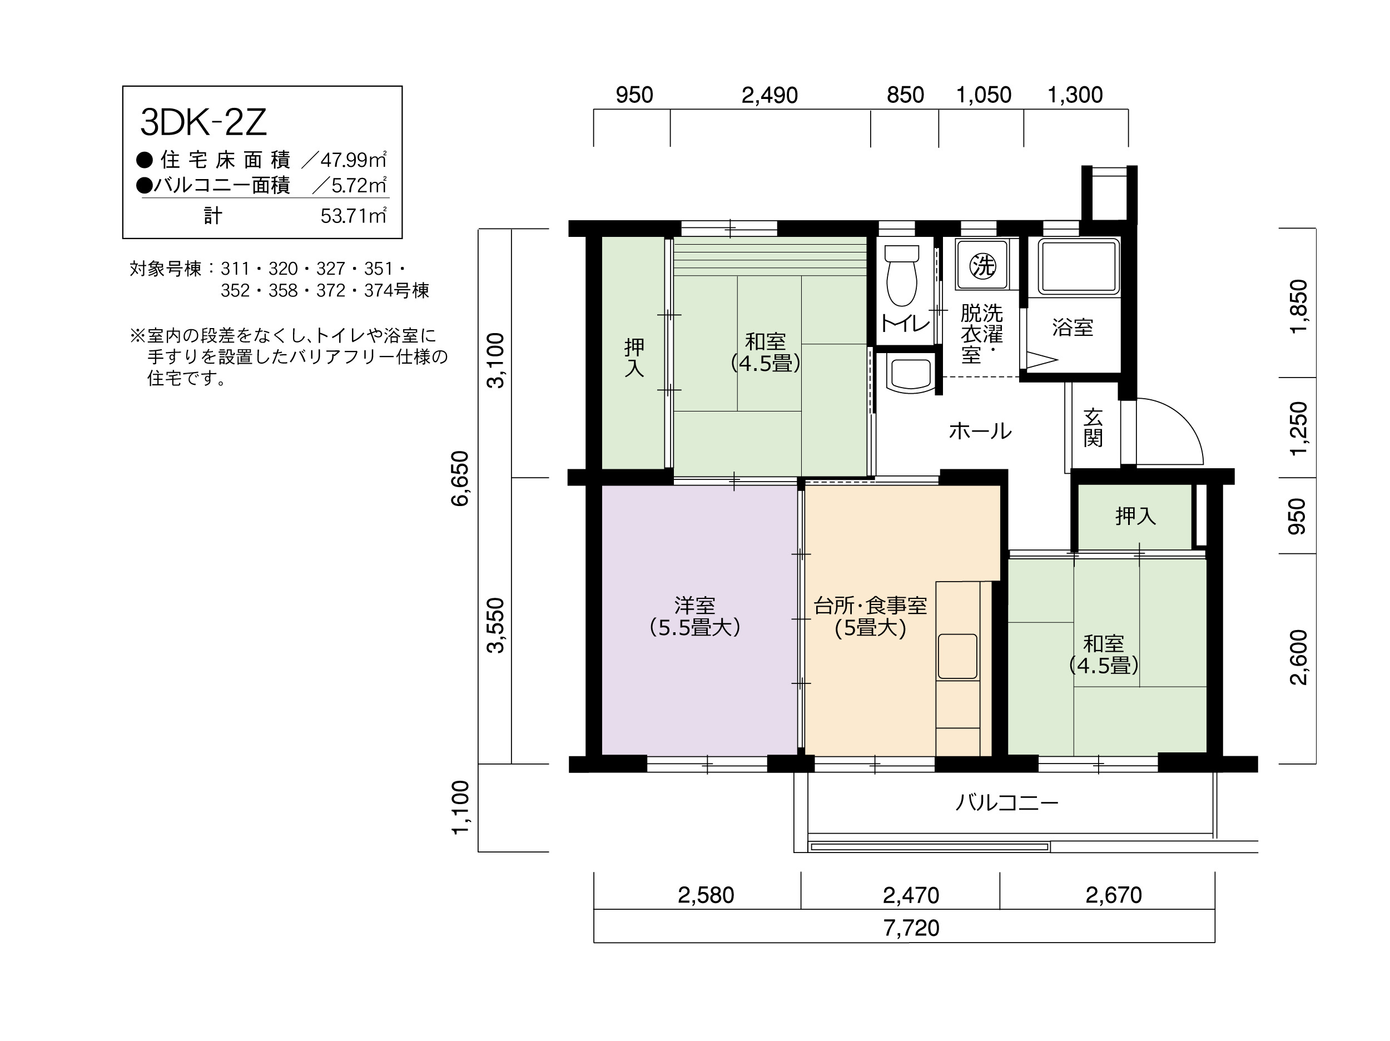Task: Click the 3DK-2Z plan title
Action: [x=203, y=122]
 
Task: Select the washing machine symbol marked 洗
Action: [x=983, y=265]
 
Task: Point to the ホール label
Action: [x=980, y=431]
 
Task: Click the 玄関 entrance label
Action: [x=1093, y=428]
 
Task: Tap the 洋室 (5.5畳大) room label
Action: [x=695, y=617]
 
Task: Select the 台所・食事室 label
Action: [x=870, y=606]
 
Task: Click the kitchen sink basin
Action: [x=957, y=656]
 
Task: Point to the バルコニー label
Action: [x=1007, y=803]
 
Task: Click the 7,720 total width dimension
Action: [x=911, y=928]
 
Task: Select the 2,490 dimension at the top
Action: [x=770, y=96]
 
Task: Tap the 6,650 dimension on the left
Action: [x=460, y=478]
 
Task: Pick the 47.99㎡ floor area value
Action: [x=353, y=160]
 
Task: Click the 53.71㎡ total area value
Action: [x=353, y=216]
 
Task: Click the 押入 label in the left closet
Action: [x=634, y=358]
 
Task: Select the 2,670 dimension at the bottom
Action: [x=1114, y=895]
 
